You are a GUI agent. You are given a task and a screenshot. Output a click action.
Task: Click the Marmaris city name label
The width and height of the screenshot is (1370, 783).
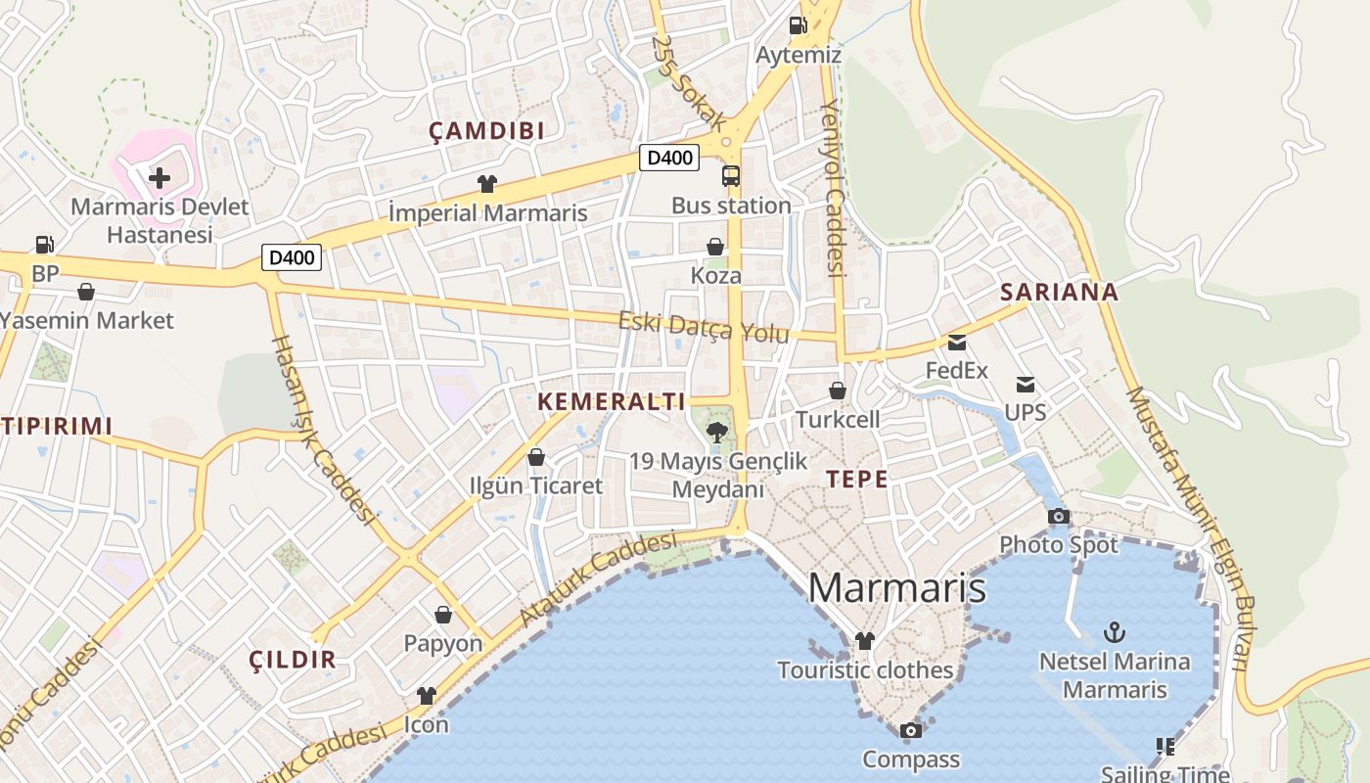point(896,587)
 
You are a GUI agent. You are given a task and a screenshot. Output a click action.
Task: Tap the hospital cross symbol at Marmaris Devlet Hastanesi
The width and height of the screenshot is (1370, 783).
point(159,178)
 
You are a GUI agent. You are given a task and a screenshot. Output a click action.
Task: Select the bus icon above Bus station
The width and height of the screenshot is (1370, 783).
point(731,176)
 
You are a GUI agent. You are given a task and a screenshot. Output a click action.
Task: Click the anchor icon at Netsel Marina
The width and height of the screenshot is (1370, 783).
point(1114,632)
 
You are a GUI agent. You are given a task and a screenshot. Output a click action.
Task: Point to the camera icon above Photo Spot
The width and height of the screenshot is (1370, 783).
point(1058,516)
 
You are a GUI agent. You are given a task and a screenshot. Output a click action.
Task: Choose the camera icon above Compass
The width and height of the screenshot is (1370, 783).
point(910,730)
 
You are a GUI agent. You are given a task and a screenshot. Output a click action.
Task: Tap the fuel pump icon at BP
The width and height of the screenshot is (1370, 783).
point(44,245)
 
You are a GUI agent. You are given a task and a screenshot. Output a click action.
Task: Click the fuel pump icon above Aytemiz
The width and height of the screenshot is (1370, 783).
point(798,25)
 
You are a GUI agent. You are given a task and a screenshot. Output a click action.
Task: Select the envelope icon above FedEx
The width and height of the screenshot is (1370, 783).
point(956,343)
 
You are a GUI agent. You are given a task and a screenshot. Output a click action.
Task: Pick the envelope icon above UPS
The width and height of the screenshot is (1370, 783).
point(1025,385)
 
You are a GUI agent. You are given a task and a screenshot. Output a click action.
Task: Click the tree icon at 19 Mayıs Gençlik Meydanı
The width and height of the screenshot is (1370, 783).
point(717,432)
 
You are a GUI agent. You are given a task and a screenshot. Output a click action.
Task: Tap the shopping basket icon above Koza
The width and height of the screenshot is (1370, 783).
point(715,247)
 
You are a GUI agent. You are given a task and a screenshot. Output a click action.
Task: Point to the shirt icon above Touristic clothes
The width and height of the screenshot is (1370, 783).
point(864,641)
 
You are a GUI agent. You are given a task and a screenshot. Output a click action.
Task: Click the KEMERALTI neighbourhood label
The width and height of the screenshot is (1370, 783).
point(611,401)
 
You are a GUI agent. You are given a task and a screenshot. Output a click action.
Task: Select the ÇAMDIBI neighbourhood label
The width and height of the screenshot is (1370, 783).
point(486,132)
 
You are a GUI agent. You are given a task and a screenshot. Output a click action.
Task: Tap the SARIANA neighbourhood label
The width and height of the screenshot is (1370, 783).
point(1059,292)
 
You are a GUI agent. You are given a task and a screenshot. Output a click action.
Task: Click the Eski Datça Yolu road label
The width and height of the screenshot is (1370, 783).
point(703,327)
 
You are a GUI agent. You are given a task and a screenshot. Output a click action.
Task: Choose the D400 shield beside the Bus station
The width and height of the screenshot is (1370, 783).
point(669,157)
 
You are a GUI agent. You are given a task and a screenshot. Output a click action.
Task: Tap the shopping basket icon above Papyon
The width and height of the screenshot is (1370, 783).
point(443,615)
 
